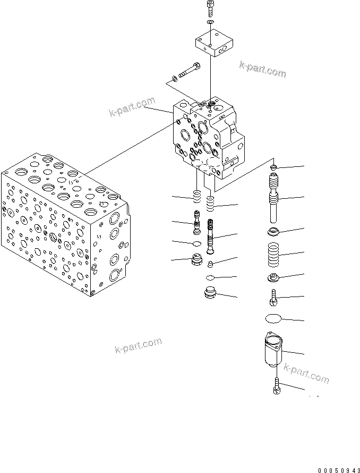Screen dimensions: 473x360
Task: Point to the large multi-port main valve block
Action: coord(64,223)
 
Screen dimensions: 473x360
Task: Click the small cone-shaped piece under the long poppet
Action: coord(211,263)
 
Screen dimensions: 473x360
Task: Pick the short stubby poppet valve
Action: coord(196,222)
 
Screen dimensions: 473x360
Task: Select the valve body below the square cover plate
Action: coord(210,136)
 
